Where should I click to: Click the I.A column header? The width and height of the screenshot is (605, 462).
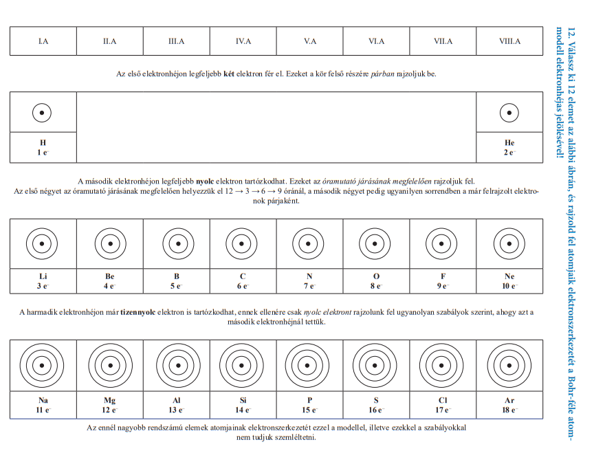43,41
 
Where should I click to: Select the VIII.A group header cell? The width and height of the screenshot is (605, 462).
509,41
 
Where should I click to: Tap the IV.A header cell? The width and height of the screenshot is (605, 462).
243,41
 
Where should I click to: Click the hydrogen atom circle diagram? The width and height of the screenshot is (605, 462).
43,112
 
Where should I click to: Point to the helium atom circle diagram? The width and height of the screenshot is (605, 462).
509,112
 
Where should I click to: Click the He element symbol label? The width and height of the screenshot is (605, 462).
509,143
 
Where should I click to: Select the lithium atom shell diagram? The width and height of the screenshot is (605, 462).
43,243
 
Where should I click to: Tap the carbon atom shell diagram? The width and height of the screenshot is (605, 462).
243,243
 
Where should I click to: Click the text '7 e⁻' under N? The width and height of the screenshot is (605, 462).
309,285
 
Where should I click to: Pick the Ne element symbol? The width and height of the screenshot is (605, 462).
509,276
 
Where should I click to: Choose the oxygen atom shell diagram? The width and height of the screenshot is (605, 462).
376,243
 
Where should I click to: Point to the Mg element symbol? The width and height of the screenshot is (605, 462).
109,401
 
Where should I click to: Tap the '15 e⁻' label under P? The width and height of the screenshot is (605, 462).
309,410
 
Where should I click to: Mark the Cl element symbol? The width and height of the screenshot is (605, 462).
443,401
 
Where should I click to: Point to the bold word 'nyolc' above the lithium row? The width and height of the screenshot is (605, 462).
206,181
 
